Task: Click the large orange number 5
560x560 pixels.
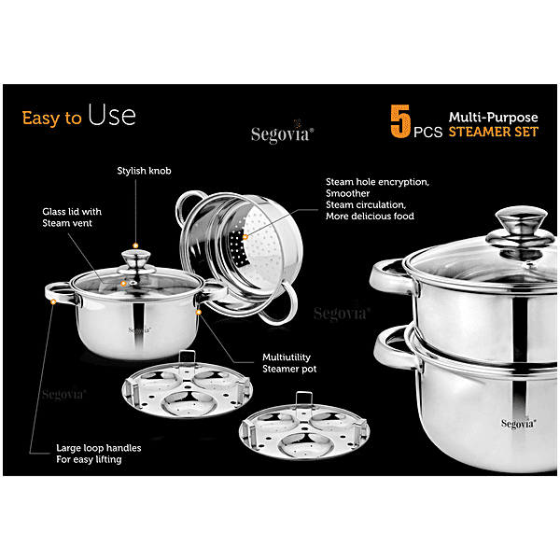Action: pyautogui.click(x=400, y=121)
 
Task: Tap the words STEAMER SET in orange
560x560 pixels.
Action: pyautogui.click(x=493, y=132)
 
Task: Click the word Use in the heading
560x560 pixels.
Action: pyautogui.click(x=112, y=115)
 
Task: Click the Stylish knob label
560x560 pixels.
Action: pyautogui.click(x=145, y=171)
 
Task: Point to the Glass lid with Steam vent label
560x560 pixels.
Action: pyautogui.click(x=72, y=217)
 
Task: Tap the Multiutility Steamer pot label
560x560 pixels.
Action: pyautogui.click(x=289, y=363)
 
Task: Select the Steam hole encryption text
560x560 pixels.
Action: pyautogui.click(x=377, y=182)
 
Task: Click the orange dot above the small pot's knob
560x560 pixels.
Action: pyautogui.click(x=135, y=245)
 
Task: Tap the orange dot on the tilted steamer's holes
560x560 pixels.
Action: pyautogui.click(x=245, y=237)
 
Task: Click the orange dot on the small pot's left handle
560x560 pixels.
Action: pyautogui.click(x=53, y=301)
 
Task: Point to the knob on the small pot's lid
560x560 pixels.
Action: pyautogui.click(x=135, y=259)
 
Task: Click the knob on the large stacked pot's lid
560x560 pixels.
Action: pyautogui.click(x=521, y=228)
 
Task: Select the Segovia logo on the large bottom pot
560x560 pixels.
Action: pyautogui.click(x=518, y=423)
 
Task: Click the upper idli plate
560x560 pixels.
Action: pyautogui.click(x=188, y=389)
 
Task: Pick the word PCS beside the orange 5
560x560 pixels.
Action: pyautogui.click(x=427, y=133)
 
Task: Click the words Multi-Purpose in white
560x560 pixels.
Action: pyautogui.click(x=493, y=117)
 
